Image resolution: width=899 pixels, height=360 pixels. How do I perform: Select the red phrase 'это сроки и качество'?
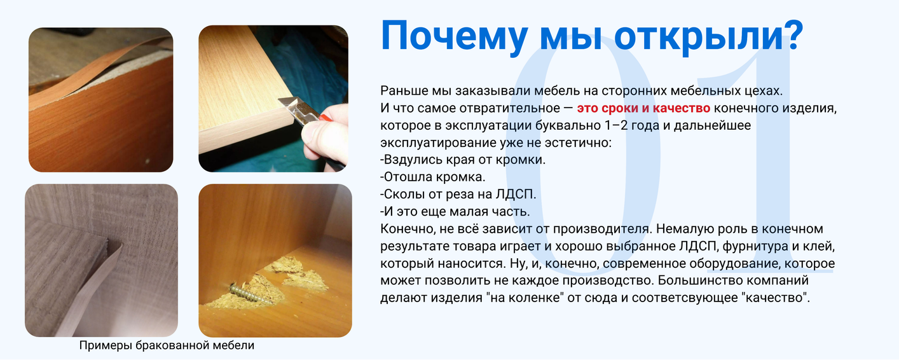(x=643, y=108)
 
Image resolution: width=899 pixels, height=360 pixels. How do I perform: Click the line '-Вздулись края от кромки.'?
(x=463, y=160)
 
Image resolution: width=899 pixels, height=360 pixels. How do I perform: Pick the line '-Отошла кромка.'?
(x=432, y=177)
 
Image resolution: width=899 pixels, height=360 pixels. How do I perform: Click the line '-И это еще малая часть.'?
(x=455, y=212)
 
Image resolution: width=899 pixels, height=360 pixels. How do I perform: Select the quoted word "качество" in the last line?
(x=775, y=298)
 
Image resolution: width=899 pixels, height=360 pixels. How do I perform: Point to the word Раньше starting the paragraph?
(x=404, y=91)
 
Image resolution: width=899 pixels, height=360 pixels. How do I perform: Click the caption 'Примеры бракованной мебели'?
(x=167, y=345)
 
